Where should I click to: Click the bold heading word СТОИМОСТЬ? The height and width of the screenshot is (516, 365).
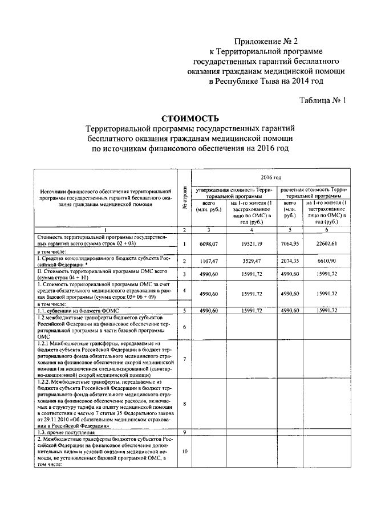(x=190, y=119)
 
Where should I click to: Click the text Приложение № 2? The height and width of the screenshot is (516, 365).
(x=266, y=41)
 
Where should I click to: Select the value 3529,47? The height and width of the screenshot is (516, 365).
(x=252, y=261)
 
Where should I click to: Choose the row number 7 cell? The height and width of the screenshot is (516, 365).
(x=184, y=359)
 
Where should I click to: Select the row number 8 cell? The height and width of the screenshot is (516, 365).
(x=184, y=404)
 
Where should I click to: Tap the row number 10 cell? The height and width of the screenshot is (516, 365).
(x=184, y=452)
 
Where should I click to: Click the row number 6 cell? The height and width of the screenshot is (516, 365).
(x=184, y=327)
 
